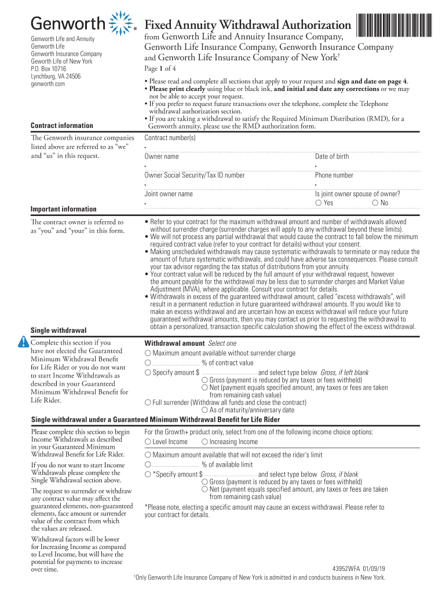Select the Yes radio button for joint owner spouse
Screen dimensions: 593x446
click(319, 203)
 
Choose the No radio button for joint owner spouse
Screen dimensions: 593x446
click(375, 203)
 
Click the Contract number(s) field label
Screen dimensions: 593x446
click(170, 138)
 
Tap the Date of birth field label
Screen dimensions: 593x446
click(332, 157)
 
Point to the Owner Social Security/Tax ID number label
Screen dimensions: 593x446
click(195, 175)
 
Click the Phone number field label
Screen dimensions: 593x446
click(334, 175)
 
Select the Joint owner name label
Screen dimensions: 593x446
click(169, 194)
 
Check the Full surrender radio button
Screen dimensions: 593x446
click(148, 402)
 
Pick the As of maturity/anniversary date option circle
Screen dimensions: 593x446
click(204, 410)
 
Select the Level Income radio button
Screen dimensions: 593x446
click(148, 442)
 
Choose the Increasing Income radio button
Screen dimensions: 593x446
click(204, 442)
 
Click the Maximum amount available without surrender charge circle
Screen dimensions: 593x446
click(148, 353)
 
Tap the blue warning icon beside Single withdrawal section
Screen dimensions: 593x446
click(23, 341)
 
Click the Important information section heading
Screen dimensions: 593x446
click(63, 209)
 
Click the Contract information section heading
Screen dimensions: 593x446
click(61, 126)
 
